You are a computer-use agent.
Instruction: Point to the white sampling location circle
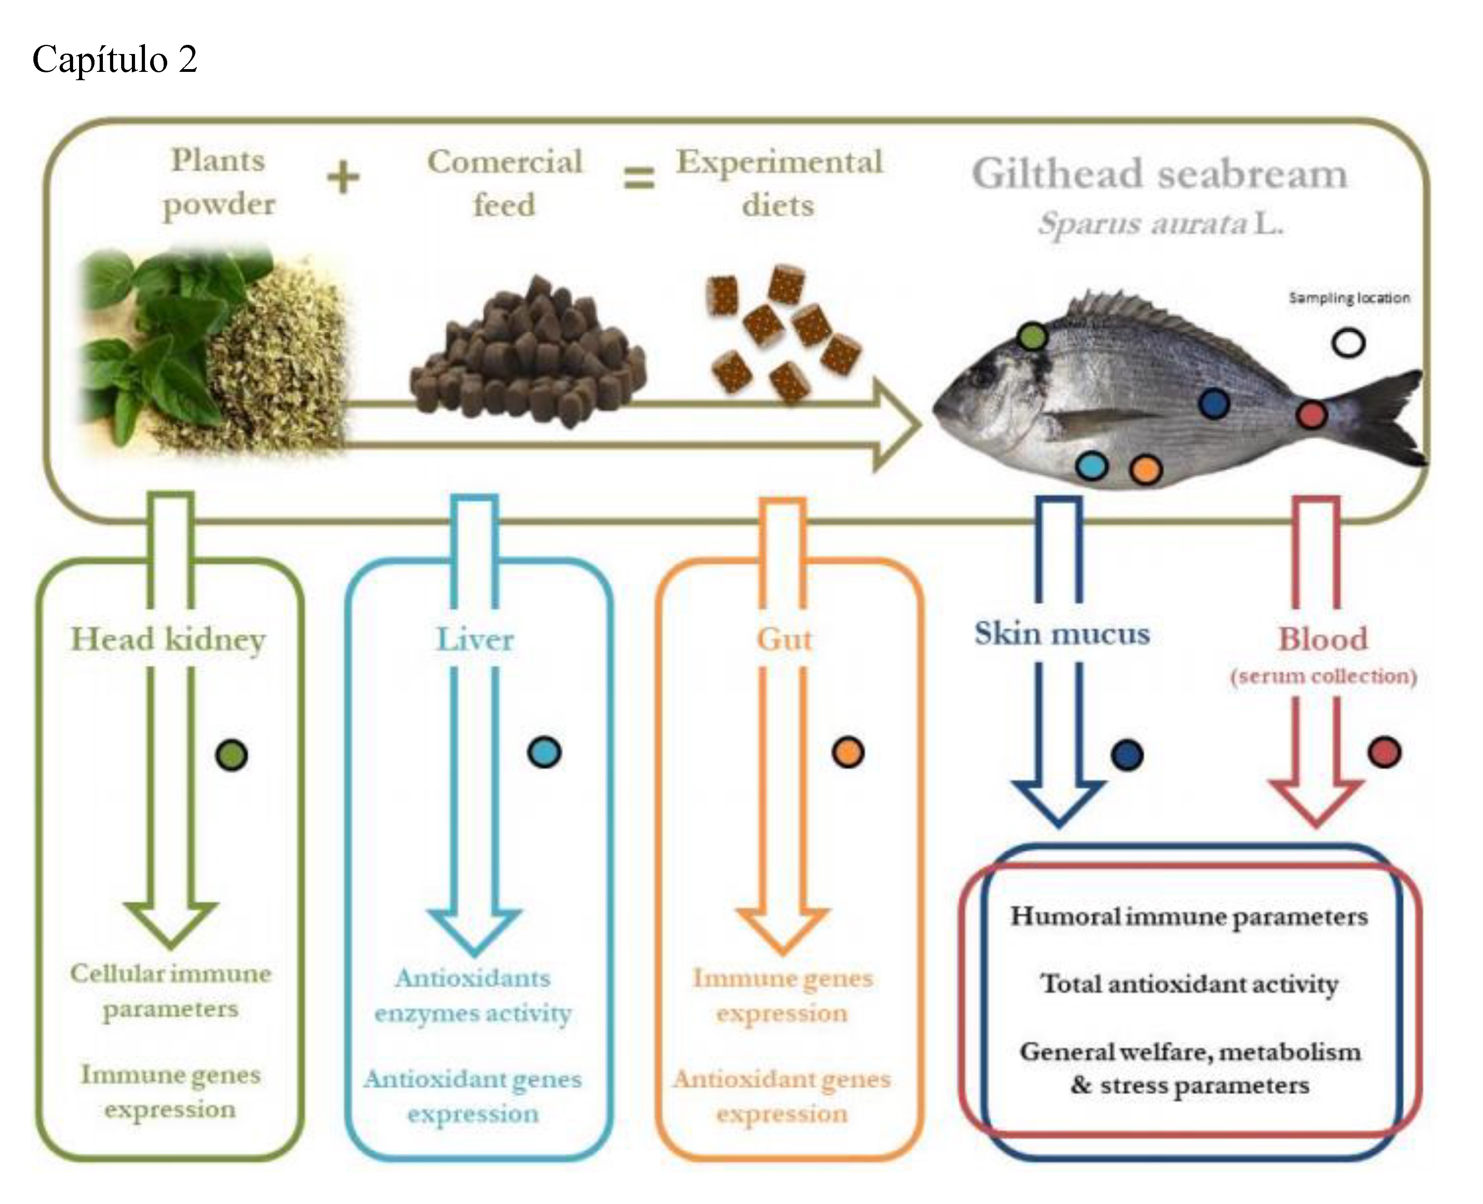click(1348, 343)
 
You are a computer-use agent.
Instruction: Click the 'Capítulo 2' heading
click(114, 60)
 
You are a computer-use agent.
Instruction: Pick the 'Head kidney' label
click(168, 639)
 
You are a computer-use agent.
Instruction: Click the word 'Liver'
click(475, 639)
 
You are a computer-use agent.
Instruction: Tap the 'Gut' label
click(783, 639)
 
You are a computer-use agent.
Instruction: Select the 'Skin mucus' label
click(1062, 634)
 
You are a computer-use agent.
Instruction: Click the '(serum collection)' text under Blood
click(1323, 676)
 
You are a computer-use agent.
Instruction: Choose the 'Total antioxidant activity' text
click(1189, 984)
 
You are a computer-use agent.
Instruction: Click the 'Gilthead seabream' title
click(1159, 174)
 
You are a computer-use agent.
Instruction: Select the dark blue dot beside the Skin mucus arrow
click(1126, 755)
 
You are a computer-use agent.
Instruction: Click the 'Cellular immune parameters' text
click(171, 990)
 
